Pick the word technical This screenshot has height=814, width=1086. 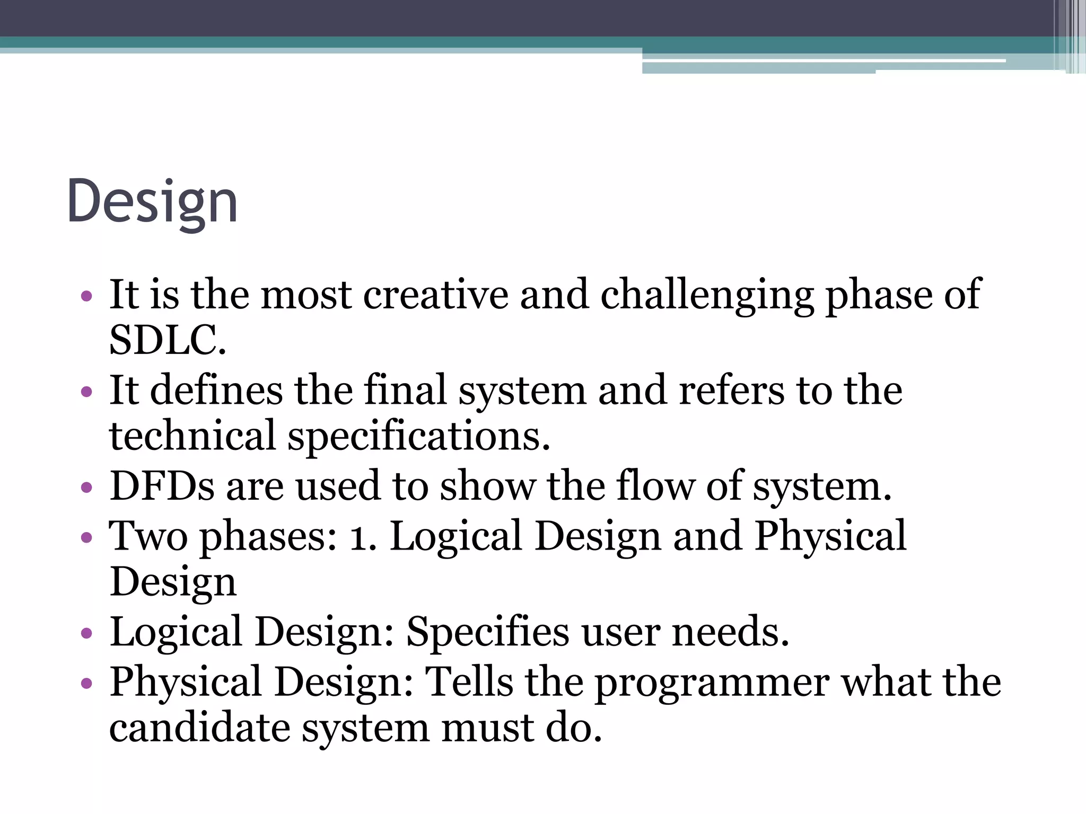192,436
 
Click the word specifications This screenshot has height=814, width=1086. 418,436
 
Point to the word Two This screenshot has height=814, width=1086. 148,536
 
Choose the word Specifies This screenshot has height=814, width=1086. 487,632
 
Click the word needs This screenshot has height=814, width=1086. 730,632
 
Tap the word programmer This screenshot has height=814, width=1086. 712,682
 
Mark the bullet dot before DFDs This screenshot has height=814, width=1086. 86,487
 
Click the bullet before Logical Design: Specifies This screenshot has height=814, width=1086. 86,633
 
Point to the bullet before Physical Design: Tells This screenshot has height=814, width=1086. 86,684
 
